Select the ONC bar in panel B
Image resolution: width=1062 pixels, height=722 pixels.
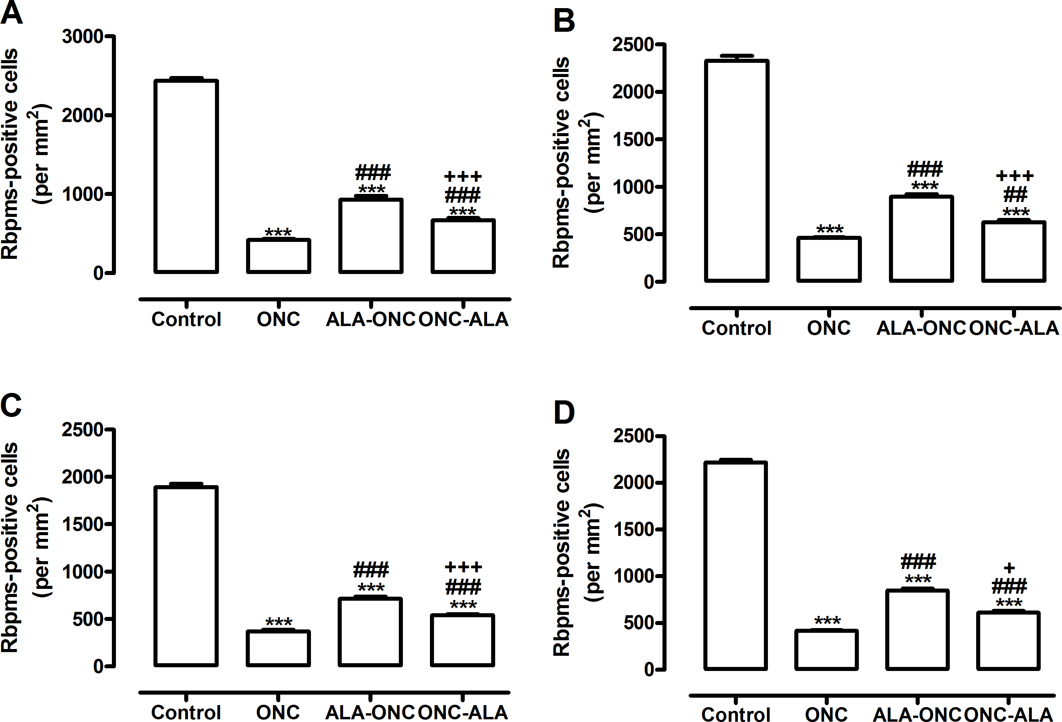click(x=829, y=259)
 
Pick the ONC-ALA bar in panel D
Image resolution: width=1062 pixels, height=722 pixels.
click(x=1008, y=641)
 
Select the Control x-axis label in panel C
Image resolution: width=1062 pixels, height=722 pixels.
click(x=186, y=712)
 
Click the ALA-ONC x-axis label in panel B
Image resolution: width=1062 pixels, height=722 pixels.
click(x=921, y=328)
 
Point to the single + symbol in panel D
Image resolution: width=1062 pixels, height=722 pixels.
click(x=1009, y=568)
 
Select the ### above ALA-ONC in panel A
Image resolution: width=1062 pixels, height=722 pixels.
click(x=373, y=173)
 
